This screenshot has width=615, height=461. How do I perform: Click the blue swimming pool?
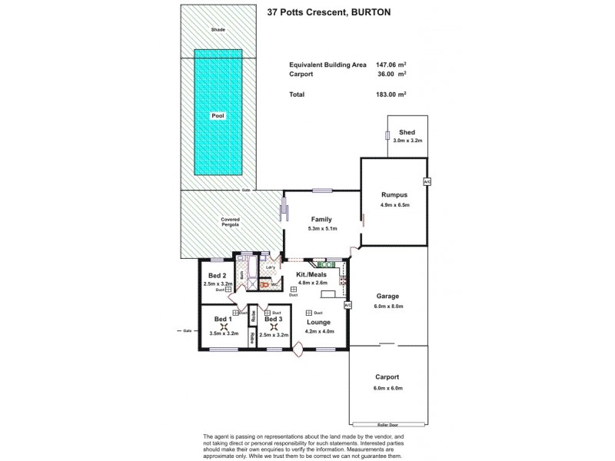(218, 115)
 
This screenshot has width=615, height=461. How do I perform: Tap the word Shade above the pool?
(218, 30)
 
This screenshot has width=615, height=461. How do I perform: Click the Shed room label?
(407, 132)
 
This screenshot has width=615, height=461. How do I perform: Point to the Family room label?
(321, 219)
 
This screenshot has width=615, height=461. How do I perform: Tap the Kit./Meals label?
(312, 274)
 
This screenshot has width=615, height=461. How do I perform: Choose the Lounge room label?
(318, 322)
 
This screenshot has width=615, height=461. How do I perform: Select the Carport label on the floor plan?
(387, 377)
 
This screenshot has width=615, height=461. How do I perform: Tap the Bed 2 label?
(218, 275)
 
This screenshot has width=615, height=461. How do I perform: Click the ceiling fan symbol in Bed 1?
(224, 326)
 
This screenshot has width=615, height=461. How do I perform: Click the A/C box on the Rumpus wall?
(427, 181)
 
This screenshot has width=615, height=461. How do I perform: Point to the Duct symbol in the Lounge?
(308, 313)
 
